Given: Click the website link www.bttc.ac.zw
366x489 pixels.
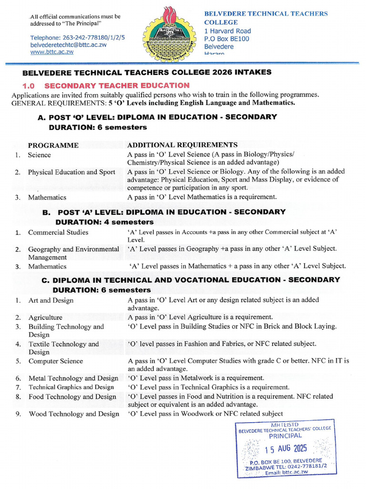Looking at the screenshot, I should (x=52, y=52).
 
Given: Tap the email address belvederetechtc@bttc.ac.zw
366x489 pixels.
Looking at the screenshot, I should (x=68, y=44).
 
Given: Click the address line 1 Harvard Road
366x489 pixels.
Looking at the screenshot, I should (x=227, y=31).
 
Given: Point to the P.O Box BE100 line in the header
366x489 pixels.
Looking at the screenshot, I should (x=227, y=39).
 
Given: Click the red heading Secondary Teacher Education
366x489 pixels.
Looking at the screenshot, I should (x=117, y=85).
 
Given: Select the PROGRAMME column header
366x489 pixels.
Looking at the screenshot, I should (x=53, y=145).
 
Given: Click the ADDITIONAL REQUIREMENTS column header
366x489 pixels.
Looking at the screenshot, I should (x=182, y=145).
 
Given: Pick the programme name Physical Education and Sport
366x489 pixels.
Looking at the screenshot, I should (x=71, y=172).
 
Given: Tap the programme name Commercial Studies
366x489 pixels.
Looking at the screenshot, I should (x=58, y=233).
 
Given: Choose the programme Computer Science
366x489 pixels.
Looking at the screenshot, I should (x=55, y=361).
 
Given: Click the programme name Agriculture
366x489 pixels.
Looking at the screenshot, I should (x=45, y=317).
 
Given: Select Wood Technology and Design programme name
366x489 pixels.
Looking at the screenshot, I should (x=74, y=414).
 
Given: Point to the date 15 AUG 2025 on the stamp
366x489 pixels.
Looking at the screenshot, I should (x=286, y=449).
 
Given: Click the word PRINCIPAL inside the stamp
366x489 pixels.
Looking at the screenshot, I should (x=285, y=436).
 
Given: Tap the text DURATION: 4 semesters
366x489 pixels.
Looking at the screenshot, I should (x=104, y=222).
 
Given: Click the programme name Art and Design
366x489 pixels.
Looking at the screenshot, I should (x=51, y=300).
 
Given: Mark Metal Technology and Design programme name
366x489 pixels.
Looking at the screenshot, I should (x=73, y=378).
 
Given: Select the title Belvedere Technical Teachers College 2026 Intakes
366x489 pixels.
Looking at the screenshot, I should (x=147, y=72).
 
